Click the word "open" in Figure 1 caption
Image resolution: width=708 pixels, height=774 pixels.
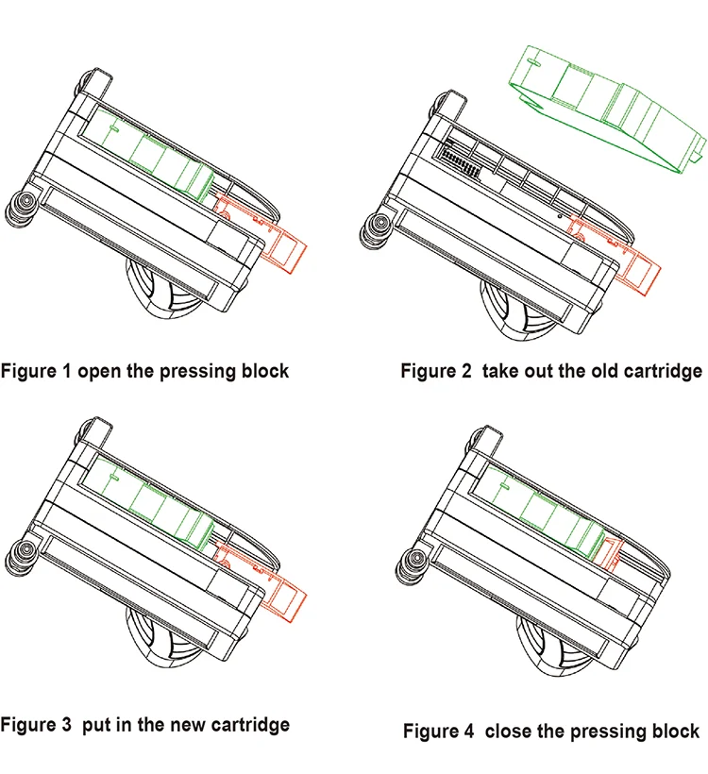click(x=98, y=370)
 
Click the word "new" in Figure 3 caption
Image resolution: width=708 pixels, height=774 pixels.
click(x=165, y=725)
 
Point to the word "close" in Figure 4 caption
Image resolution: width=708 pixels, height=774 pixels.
click(x=515, y=731)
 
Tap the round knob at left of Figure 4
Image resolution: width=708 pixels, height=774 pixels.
click(x=413, y=566)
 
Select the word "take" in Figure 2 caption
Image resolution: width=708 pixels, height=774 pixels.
click(x=503, y=370)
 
